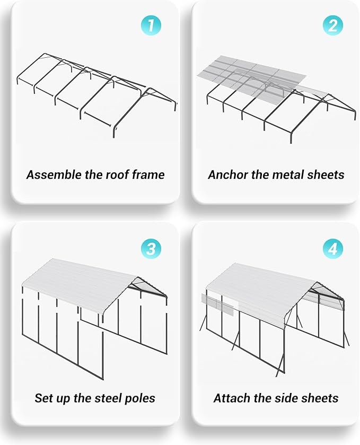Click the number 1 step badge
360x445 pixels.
coord(151,25)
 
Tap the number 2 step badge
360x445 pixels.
coord(332,25)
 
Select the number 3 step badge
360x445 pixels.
coord(151,249)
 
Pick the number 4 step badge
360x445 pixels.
coord(332,249)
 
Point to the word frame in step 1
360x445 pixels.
coord(147,174)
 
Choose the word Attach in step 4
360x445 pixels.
coord(231,398)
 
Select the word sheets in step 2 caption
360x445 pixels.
coord(325,174)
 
